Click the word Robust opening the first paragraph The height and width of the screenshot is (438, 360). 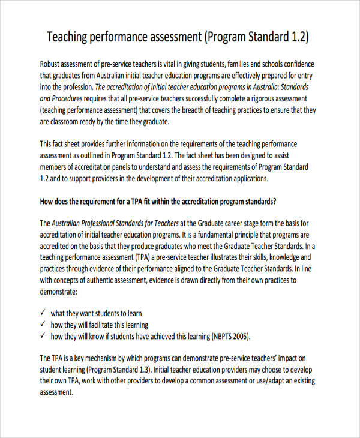52,64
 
